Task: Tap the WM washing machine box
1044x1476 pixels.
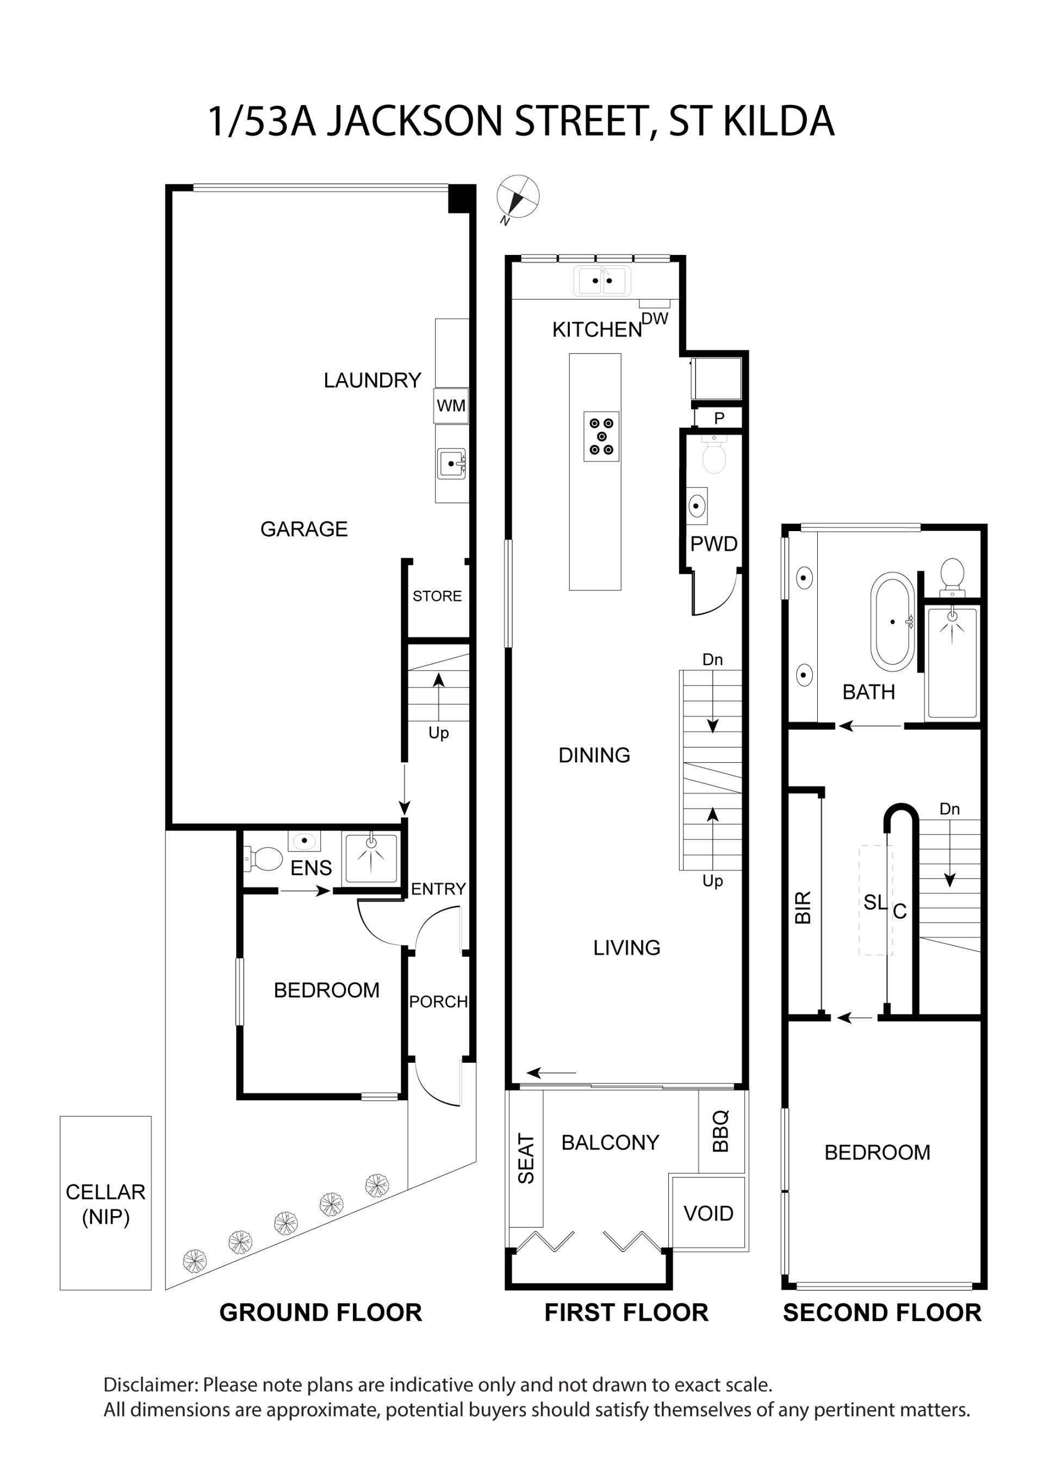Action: pos(451,406)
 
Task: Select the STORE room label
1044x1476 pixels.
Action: pos(437,596)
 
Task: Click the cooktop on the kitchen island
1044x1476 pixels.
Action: pos(601,437)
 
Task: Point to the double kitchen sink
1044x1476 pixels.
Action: pos(602,281)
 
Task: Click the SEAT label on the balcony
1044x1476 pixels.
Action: pos(526,1159)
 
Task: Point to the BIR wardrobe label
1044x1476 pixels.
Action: pos(804,908)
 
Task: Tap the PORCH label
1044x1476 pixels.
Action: pos(438,1001)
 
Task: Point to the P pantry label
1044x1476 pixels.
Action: pos(719,418)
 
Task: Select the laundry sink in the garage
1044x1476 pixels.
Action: pos(451,464)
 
